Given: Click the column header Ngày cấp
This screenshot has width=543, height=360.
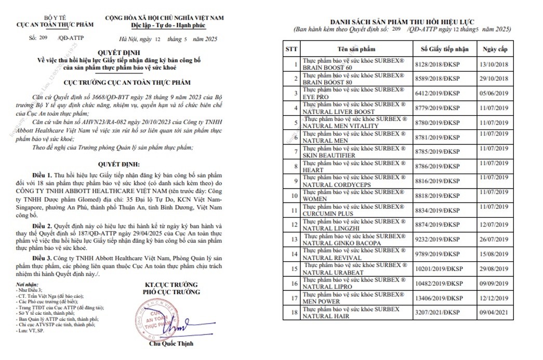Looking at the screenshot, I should pos(495,49).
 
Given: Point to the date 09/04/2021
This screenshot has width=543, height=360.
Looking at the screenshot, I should pos(495,313).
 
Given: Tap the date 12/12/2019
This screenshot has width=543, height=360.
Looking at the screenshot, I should pos(495,298).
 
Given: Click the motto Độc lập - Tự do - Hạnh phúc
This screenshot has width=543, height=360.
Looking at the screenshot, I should pos(164,24).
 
